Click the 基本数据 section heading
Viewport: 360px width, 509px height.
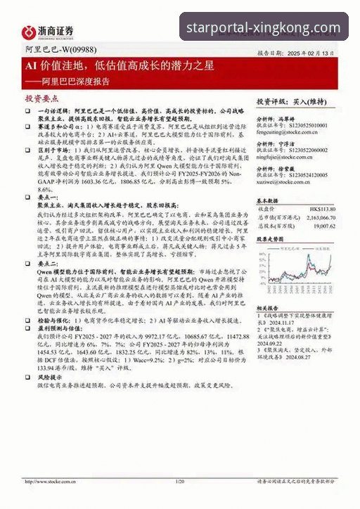268,200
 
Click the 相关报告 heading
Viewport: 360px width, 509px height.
268,308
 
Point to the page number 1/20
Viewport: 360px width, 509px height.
179,482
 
